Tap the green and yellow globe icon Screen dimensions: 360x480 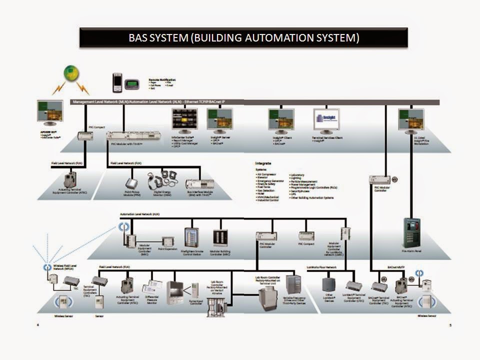[71, 74]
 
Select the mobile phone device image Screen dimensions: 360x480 [117, 82]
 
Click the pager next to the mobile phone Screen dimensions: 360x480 [131, 83]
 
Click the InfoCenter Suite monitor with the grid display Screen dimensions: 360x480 [184, 120]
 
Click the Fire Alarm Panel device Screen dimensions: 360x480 [411, 232]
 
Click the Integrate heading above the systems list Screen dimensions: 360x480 [263, 163]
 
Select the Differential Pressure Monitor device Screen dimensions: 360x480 [152, 287]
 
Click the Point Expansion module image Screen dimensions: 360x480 [168, 241]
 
